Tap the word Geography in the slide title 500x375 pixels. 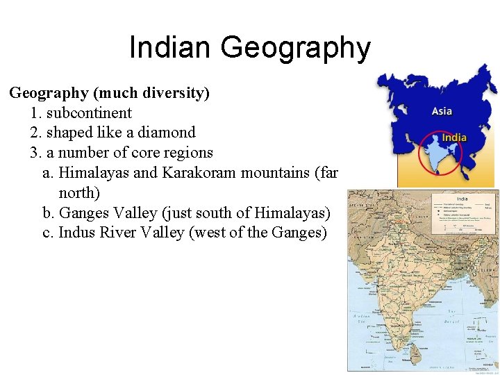pos(296,48)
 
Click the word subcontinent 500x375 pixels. pos(89,112)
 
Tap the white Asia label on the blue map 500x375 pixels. pos(442,111)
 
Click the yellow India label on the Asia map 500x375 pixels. pos(455,137)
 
